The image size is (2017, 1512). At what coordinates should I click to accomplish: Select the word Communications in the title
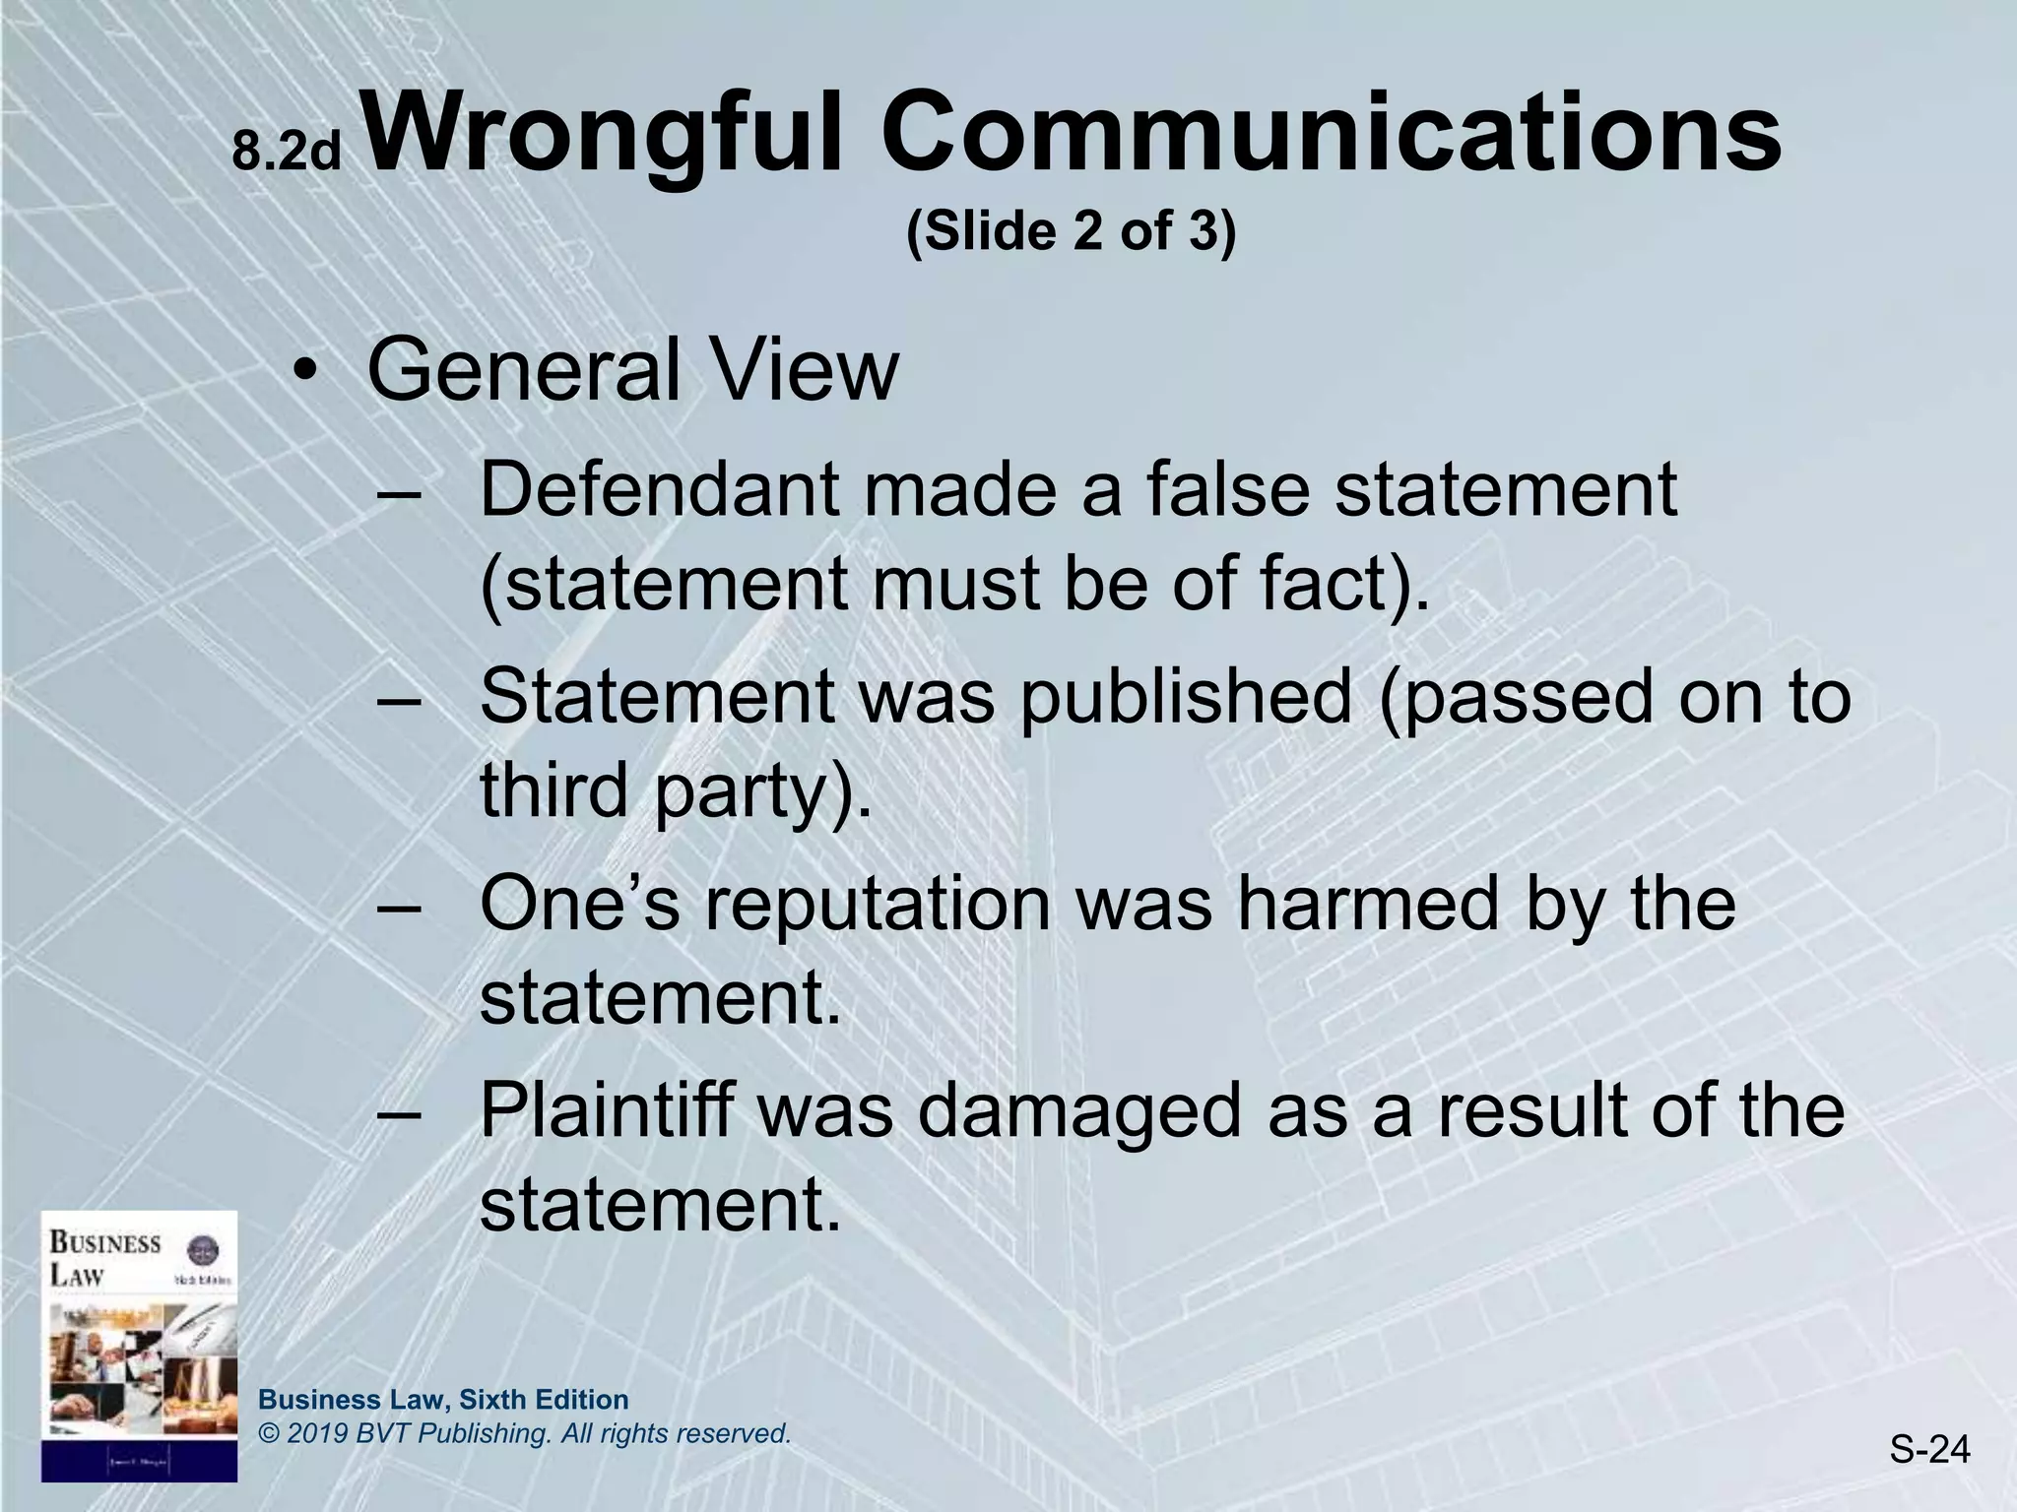pos(1330,134)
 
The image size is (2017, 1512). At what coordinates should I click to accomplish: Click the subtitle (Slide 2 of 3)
pos(1071,231)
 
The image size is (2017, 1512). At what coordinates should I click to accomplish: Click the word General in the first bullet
pos(523,370)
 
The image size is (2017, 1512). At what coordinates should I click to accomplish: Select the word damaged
pos(1084,1111)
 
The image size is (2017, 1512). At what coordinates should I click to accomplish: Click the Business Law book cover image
pos(139,1345)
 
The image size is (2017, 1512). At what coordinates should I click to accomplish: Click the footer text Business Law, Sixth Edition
pos(443,1399)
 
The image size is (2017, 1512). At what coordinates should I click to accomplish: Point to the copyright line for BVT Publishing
pos(524,1433)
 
